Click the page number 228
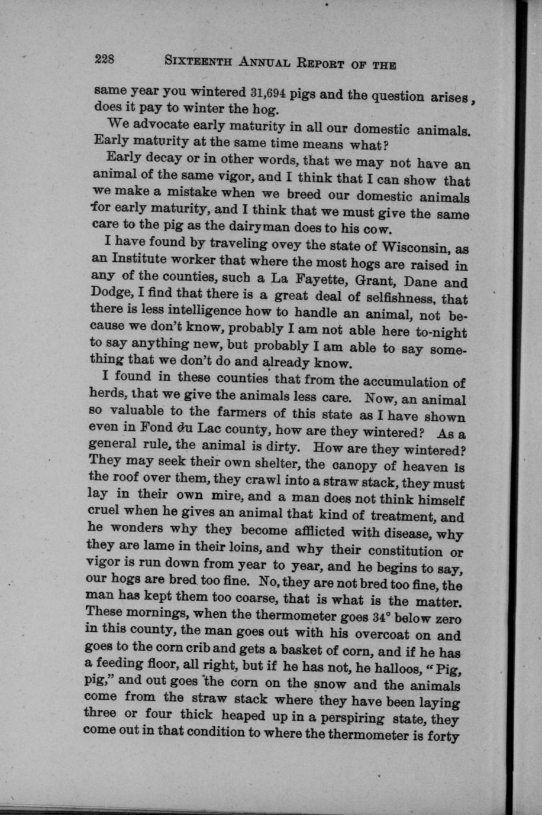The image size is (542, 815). point(107,59)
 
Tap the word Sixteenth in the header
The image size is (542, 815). point(198,61)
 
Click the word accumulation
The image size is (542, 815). point(409,382)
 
